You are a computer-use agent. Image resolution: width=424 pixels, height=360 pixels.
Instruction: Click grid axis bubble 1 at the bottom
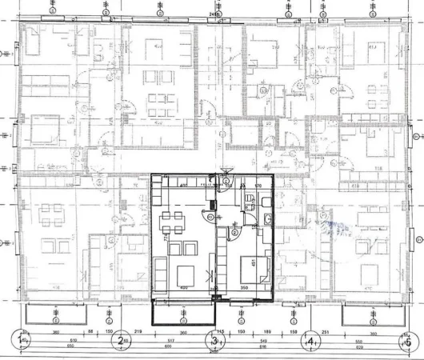click(19, 342)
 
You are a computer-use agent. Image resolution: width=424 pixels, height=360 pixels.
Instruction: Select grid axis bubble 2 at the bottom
click(118, 342)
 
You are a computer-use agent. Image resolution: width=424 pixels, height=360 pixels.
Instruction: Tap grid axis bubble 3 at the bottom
click(214, 342)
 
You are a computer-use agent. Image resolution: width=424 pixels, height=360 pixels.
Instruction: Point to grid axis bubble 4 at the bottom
click(310, 342)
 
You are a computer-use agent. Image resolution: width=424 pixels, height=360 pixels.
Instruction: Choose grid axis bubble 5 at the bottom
click(407, 342)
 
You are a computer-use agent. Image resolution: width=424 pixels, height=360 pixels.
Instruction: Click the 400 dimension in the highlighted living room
click(183, 289)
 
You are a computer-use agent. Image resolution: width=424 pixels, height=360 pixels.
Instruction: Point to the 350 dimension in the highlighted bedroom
click(244, 289)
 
